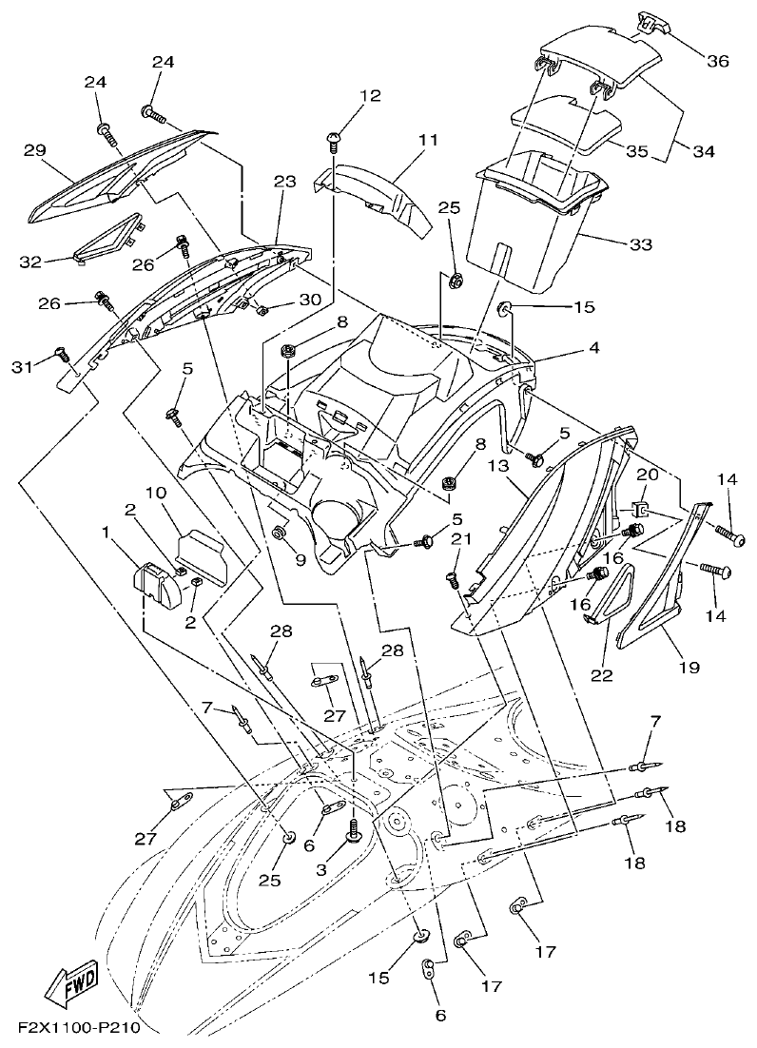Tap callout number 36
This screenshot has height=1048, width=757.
717,61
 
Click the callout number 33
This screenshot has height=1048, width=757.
640,244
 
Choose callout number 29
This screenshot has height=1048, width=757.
35,151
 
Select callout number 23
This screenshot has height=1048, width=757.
259,182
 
